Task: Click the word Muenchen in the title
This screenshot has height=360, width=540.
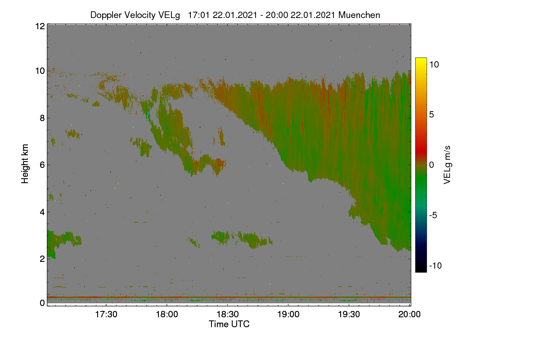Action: coord(359,15)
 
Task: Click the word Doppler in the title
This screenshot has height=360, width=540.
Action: coord(106,15)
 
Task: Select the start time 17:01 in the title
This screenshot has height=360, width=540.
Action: coord(199,15)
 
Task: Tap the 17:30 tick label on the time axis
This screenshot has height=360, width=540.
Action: coord(106,314)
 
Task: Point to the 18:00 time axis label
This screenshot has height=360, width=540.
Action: coord(167,314)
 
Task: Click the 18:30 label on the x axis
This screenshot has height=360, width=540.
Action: coord(228,314)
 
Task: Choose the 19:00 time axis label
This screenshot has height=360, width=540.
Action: coord(288,314)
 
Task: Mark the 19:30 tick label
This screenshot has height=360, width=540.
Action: coord(349,314)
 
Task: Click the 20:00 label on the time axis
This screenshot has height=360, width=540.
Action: coord(409,314)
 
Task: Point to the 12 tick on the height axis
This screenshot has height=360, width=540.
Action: coord(40,26)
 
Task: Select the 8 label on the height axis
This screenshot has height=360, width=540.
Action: coord(42,118)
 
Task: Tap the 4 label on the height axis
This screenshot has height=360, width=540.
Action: coord(42,212)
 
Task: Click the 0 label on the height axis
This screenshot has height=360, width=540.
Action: coord(42,303)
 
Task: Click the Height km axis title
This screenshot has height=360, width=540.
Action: coord(25,164)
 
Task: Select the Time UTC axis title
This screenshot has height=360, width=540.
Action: coord(229,324)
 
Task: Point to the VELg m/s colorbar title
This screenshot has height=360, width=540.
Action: coord(447,165)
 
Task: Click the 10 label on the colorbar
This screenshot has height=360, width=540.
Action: coord(434,64)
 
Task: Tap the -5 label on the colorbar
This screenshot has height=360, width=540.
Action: coord(433,215)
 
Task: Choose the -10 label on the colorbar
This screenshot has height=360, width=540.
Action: coord(436,265)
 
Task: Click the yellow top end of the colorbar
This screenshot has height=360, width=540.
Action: coord(421,59)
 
